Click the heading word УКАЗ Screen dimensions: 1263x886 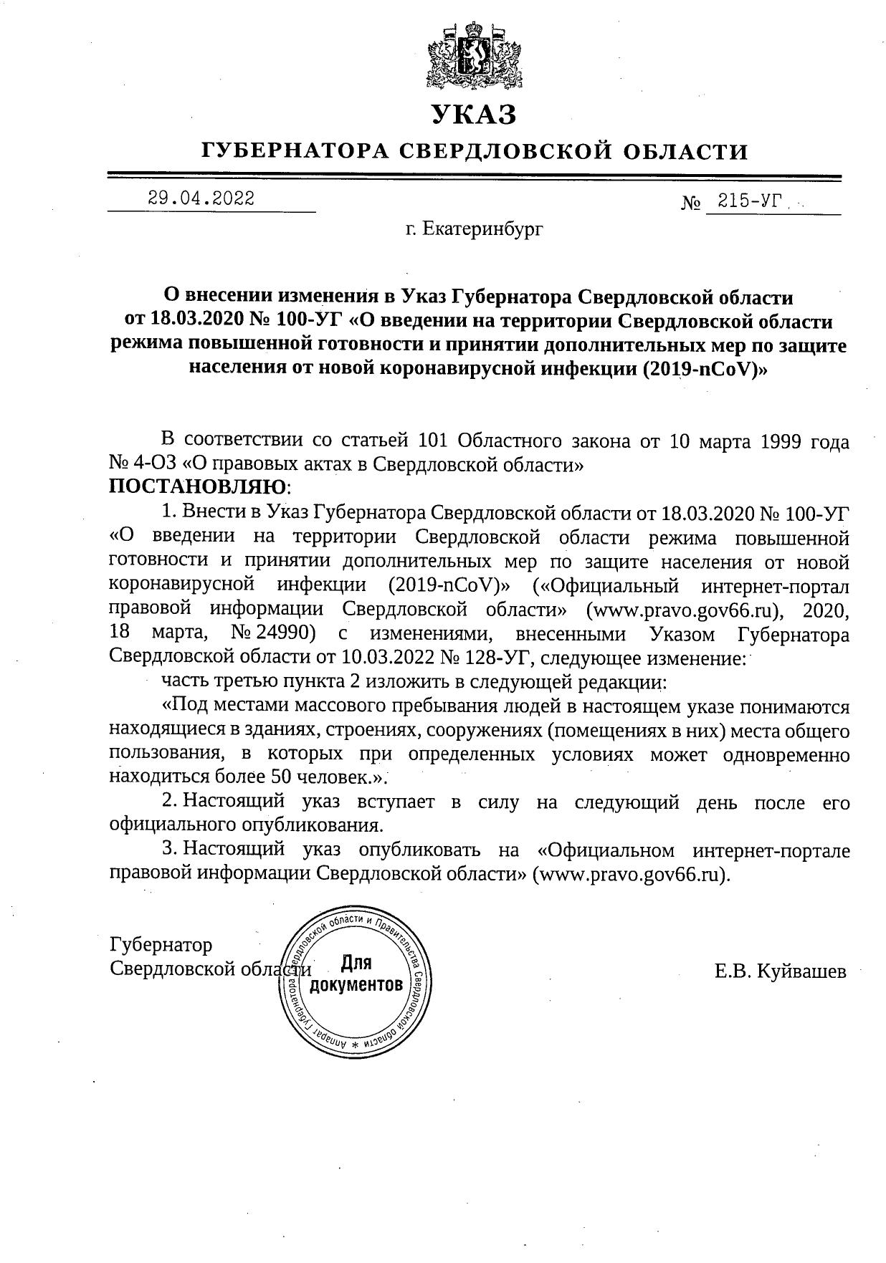pos(473,115)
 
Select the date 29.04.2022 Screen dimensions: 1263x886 pos(201,198)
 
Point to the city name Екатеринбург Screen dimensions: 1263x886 pos(483,229)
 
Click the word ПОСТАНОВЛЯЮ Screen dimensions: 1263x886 pos(197,487)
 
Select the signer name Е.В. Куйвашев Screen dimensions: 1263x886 pos(780,971)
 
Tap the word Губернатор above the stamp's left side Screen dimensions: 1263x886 pos(161,945)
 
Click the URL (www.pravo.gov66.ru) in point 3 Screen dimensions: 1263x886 pos(630,874)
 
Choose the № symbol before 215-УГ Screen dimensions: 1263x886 pos(690,203)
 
